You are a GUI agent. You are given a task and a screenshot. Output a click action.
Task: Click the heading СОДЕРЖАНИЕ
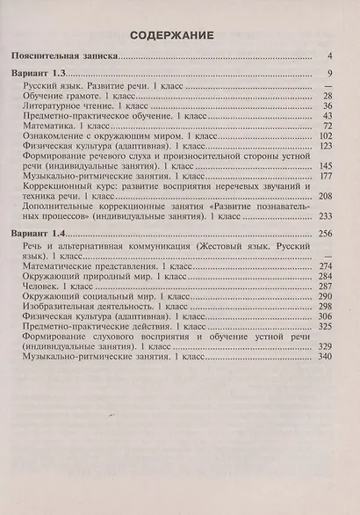tap(179, 35)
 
